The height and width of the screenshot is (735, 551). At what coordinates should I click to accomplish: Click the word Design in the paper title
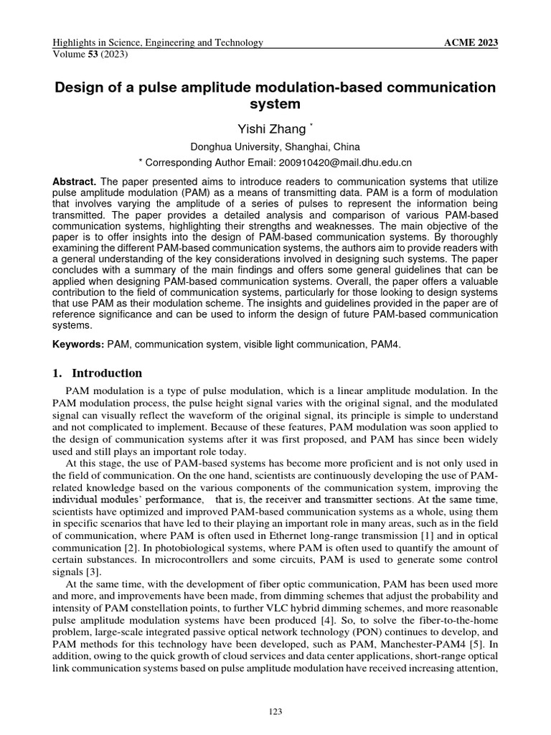click(x=83, y=88)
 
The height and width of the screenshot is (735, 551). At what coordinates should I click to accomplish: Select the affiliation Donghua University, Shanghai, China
click(x=275, y=146)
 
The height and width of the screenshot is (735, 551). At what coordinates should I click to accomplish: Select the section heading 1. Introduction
click(x=98, y=373)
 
